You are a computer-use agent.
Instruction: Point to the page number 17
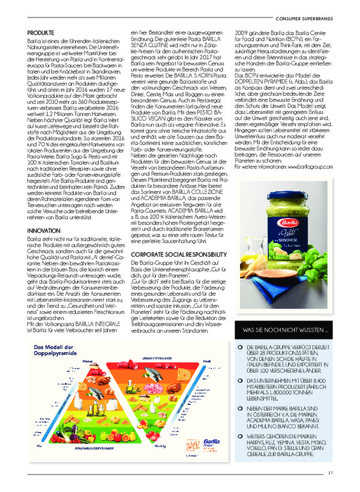(x=330, y=472)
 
